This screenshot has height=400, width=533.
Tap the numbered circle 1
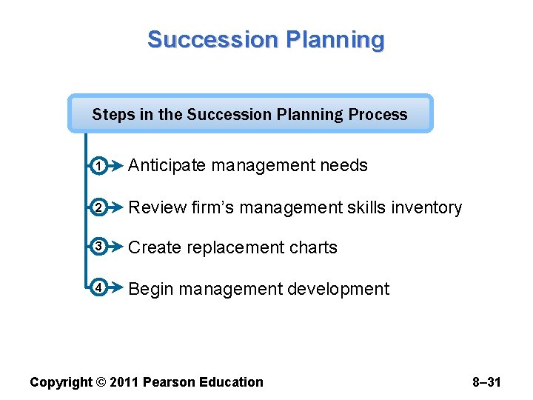click(x=99, y=167)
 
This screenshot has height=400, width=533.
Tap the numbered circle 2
click(x=99, y=208)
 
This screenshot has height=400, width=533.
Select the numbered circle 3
click(x=99, y=247)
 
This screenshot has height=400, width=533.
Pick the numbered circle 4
click(x=99, y=288)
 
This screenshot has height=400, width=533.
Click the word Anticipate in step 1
click(x=167, y=166)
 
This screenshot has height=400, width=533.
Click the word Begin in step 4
click(x=151, y=289)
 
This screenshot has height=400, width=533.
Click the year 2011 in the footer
click(x=124, y=382)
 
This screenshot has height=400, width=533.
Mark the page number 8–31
click(x=486, y=382)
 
